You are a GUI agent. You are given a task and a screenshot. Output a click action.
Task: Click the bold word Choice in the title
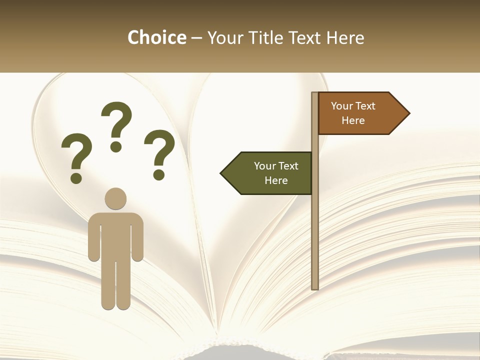coord(156,38)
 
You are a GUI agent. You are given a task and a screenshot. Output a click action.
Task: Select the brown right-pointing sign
coord(358,113)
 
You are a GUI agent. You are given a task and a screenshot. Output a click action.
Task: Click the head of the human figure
coord(115,198)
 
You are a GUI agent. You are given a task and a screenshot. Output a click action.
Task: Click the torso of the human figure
coord(115,235)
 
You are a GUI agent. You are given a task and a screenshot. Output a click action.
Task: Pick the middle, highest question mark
coord(116,122)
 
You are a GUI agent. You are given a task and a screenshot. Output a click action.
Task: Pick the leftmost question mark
coord(76,152)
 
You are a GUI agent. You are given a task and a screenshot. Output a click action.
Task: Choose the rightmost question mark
coord(159,150)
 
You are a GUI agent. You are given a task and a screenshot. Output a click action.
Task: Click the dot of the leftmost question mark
coord(76,178)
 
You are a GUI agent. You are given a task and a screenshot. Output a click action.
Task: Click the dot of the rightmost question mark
coord(159,174)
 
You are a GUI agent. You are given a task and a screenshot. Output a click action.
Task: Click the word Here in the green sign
coord(276,180)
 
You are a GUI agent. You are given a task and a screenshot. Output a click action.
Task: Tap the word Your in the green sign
coord(265,166)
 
